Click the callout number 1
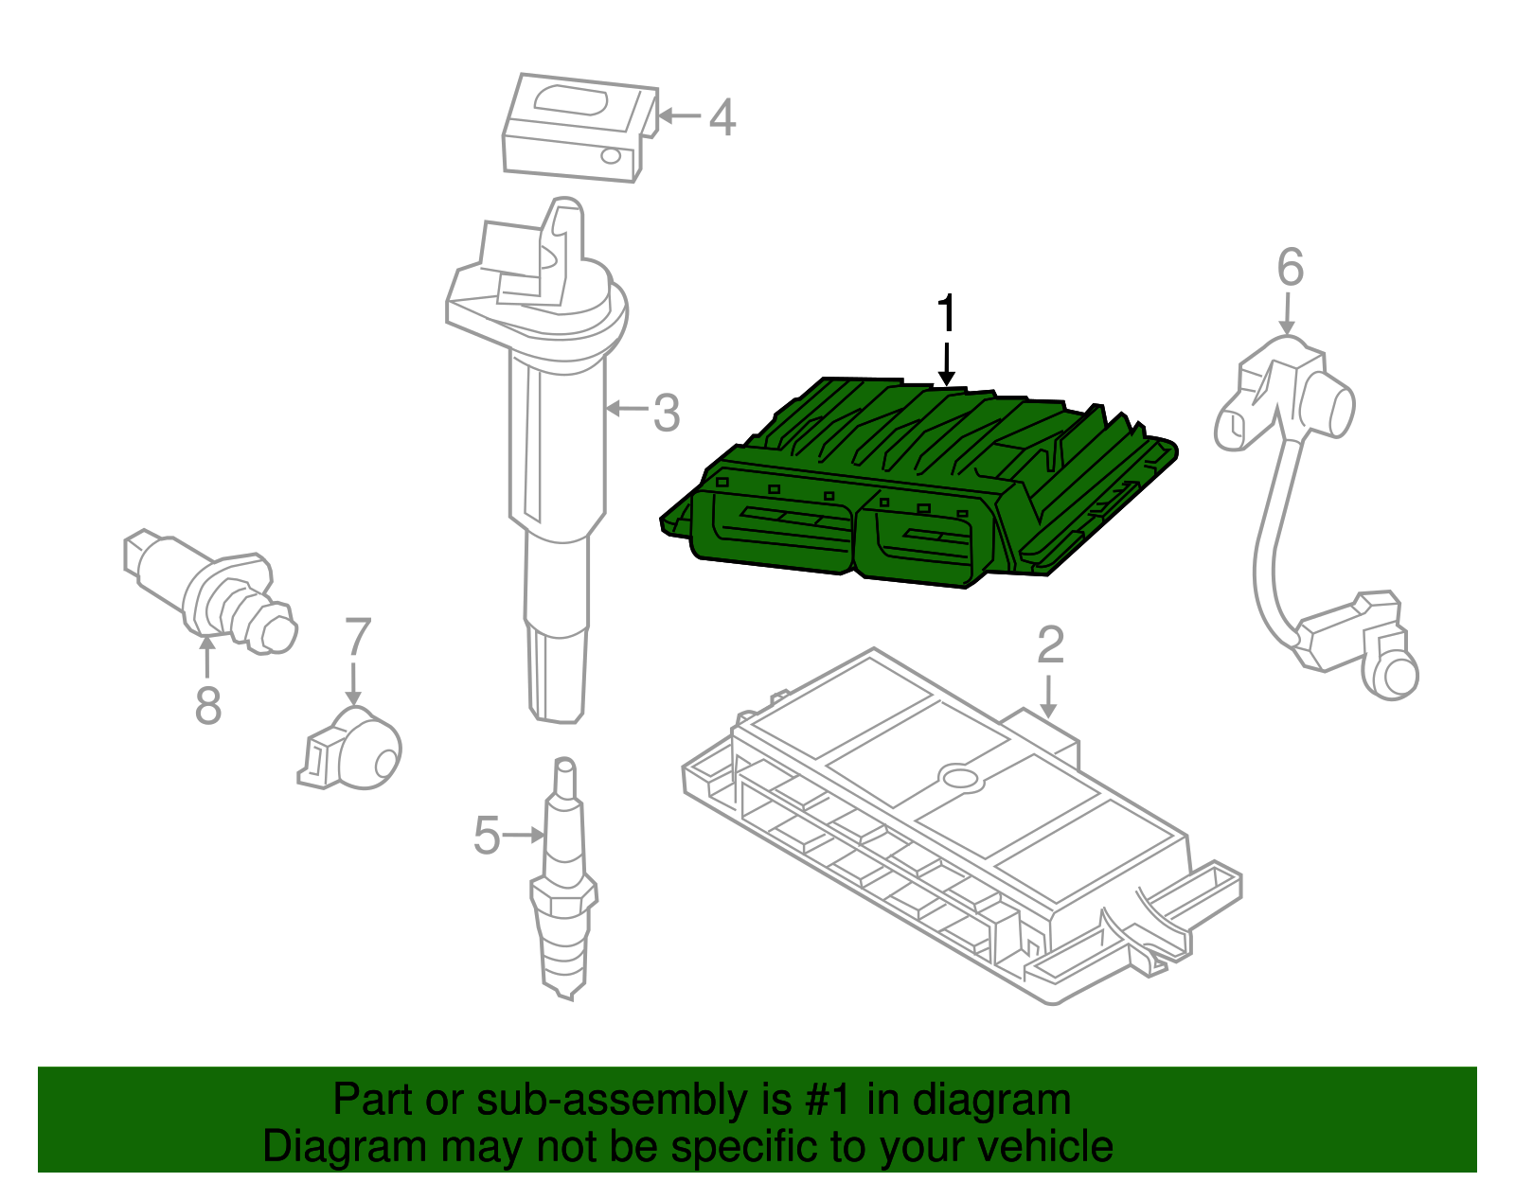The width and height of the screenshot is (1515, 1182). click(946, 313)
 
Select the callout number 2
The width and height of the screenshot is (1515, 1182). click(1050, 645)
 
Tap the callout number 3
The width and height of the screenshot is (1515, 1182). click(667, 414)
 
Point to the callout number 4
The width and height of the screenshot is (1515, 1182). click(722, 117)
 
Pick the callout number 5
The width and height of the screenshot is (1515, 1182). click(486, 836)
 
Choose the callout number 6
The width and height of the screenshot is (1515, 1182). click(1290, 267)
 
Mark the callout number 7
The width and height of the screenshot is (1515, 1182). click(357, 637)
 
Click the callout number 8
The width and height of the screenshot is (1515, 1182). click(207, 705)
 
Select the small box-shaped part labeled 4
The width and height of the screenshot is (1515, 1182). click(578, 128)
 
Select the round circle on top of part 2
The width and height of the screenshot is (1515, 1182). click(961, 778)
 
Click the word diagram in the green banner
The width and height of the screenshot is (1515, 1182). click(990, 1101)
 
